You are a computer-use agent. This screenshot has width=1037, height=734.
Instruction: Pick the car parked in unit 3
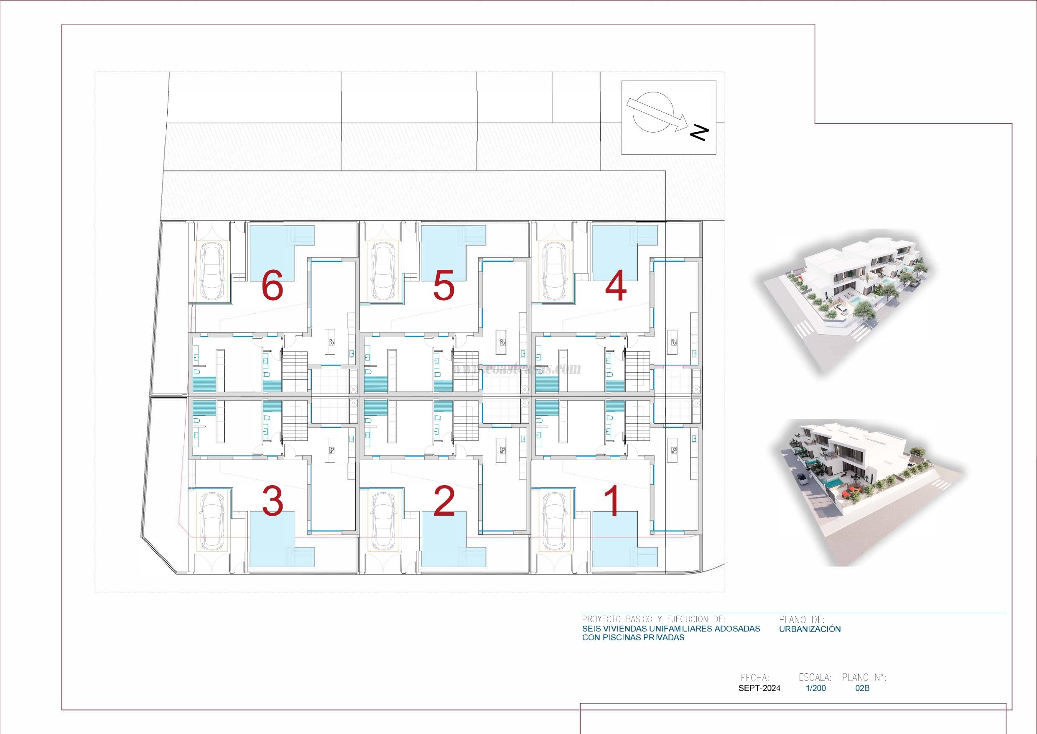click(x=213, y=519)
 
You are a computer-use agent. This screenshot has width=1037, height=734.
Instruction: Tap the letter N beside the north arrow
click(x=699, y=132)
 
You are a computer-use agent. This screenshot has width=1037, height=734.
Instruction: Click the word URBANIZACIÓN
click(x=810, y=629)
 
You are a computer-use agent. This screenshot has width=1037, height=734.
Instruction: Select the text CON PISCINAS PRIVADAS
click(x=633, y=638)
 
